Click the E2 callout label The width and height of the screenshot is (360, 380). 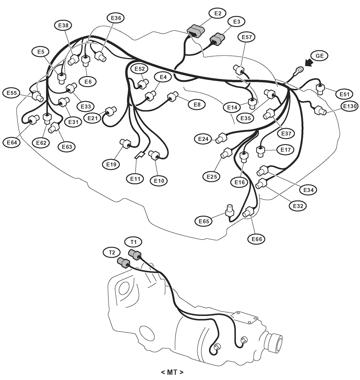(x=218, y=13)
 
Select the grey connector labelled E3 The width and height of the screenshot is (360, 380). (x=217, y=39)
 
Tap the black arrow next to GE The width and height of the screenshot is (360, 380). (x=309, y=62)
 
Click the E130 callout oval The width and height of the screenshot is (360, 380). (x=350, y=106)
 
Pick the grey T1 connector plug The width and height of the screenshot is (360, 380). (x=135, y=254)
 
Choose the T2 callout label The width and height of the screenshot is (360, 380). (x=112, y=253)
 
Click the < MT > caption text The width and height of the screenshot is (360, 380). (x=172, y=372)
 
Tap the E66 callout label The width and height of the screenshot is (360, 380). (x=256, y=239)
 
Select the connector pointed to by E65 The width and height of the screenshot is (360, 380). (x=229, y=211)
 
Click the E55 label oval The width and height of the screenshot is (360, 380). (x=12, y=93)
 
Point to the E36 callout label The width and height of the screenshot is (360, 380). (x=116, y=18)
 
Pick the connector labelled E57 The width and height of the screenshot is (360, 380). (x=239, y=69)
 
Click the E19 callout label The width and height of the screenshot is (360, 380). (x=111, y=164)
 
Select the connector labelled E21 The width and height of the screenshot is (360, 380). (x=111, y=112)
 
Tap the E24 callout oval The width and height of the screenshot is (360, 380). (x=203, y=139)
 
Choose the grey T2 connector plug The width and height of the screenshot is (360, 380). (x=124, y=263)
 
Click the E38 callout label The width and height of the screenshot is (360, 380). (x=63, y=25)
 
